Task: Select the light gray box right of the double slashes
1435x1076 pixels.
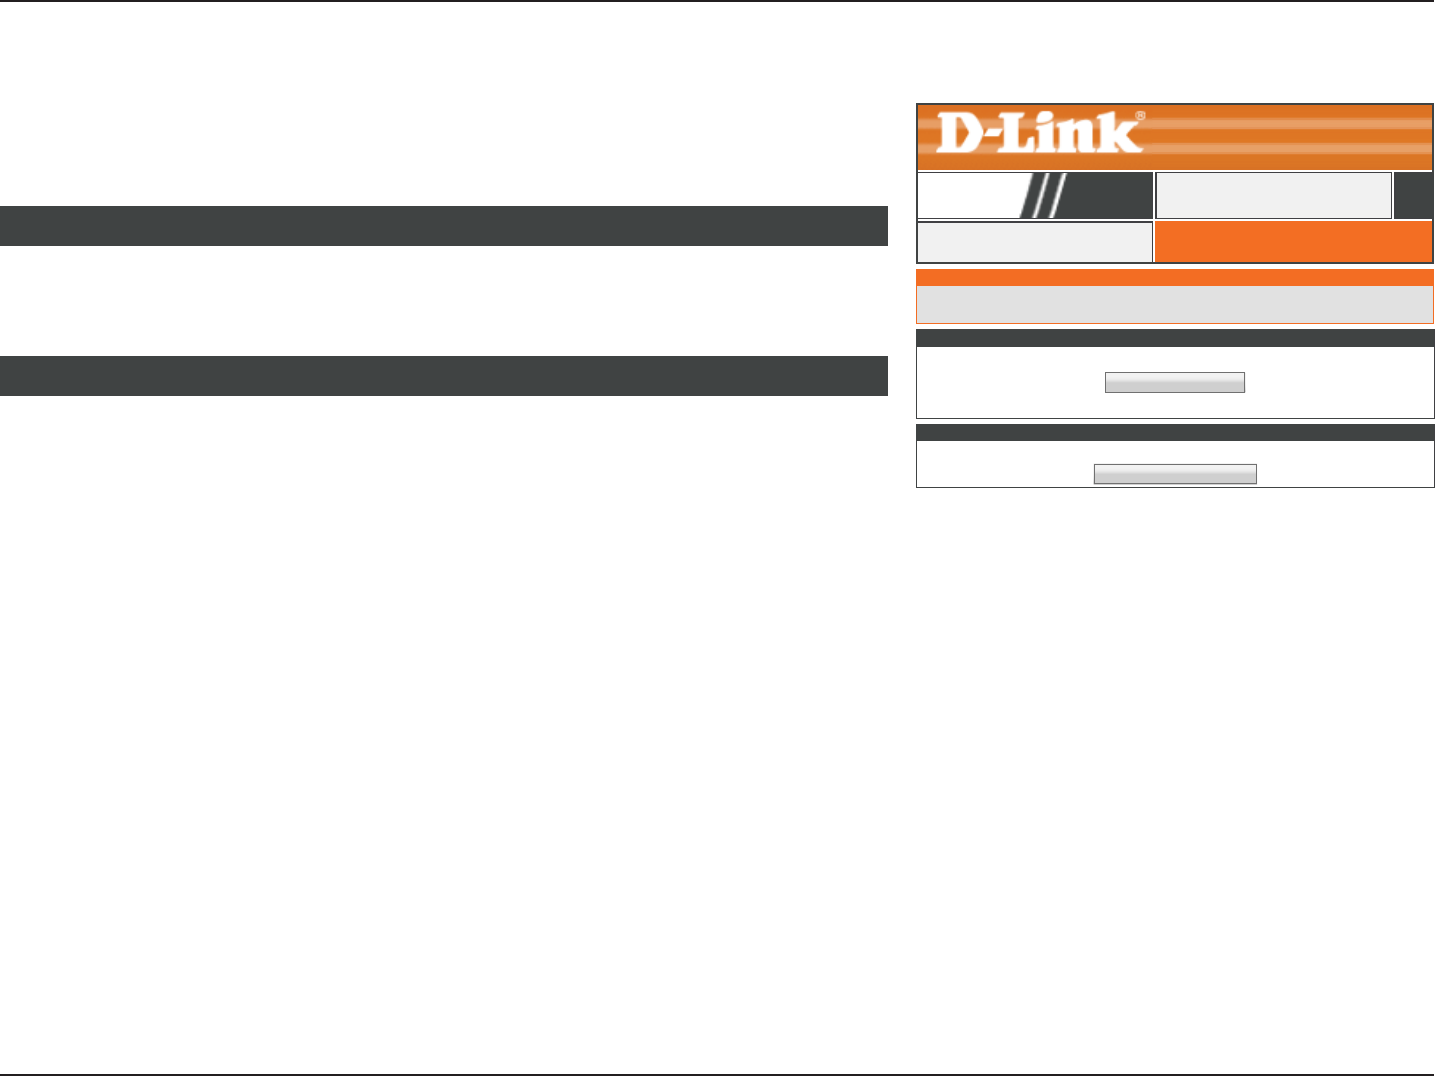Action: tap(1273, 195)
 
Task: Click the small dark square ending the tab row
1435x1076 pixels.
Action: tap(1413, 195)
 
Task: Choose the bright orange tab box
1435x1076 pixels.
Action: tap(1293, 242)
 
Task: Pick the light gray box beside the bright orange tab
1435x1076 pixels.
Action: tap(1034, 242)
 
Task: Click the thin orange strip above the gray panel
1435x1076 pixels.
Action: tap(1174, 278)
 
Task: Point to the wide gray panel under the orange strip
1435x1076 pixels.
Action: tap(1174, 305)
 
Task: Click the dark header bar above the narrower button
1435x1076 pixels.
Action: tap(1174, 338)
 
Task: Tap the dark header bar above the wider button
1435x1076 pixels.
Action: tap(1174, 432)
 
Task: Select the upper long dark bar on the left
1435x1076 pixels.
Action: tap(443, 226)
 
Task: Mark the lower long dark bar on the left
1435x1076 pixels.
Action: tap(443, 376)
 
